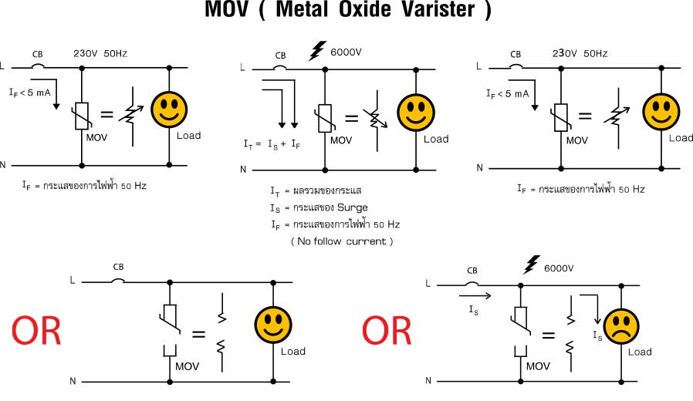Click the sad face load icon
tap(621, 327)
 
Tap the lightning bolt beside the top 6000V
tap(317, 50)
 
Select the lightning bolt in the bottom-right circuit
tap(531, 265)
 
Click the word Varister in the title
tap(438, 10)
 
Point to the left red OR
tap(36, 331)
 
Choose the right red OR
tap(387, 331)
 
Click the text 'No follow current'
tap(342, 241)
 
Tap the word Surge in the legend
tap(352, 207)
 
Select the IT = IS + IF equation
tap(272, 144)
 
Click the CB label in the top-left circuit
tap(38, 54)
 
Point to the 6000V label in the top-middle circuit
tap(346, 52)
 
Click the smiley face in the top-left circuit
tap(169, 110)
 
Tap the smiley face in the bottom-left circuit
tap(273, 325)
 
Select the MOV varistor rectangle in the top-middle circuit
tap(325, 118)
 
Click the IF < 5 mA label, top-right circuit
tap(507, 93)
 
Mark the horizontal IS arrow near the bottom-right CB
tap(475, 296)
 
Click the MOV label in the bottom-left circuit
tap(187, 366)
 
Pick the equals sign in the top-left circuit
tap(106, 114)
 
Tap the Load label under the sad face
tap(640, 352)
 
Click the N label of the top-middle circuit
tap(243, 170)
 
